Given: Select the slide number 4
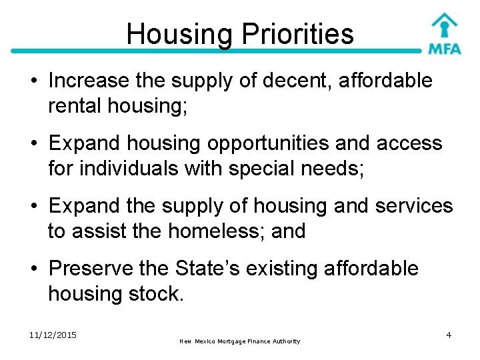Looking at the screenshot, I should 449,335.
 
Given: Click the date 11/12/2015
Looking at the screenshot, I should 53,335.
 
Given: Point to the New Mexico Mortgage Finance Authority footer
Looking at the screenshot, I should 240,341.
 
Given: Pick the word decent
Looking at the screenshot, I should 293,81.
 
